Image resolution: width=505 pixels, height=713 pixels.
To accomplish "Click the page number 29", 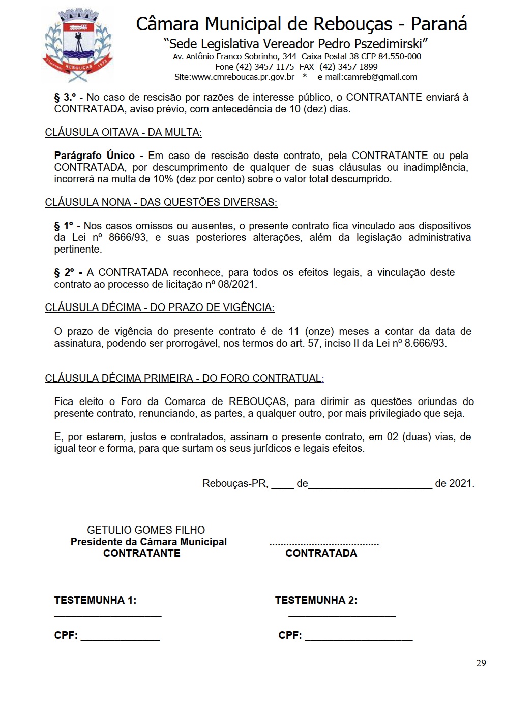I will click(x=481, y=663).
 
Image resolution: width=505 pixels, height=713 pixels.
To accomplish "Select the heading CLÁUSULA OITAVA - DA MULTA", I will click(x=123, y=132).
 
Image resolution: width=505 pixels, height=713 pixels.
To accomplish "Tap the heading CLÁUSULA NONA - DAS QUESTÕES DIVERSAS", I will click(x=161, y=202).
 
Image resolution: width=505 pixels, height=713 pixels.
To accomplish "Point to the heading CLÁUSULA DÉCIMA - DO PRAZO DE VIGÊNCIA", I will click(x=159, y=307).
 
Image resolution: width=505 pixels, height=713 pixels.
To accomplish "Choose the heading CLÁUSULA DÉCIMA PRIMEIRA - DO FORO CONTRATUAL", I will click(x=184, y=378).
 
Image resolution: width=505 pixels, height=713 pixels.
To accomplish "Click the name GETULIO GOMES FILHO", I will click(x=146, y=530).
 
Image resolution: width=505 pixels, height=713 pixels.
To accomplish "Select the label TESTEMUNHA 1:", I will click(x=95, y=600).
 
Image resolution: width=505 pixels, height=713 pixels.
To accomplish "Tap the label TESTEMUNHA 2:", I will click(x=316, y=600).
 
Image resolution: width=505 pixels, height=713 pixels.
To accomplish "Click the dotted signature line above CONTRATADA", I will click(x=324, y=544).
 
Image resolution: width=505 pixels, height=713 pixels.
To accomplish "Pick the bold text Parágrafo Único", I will click(x=95, y=156).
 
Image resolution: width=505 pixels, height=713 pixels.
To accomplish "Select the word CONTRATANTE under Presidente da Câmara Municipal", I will click(x=141, y=553).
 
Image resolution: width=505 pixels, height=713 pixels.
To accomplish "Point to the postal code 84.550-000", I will click(x=399, y=56).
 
